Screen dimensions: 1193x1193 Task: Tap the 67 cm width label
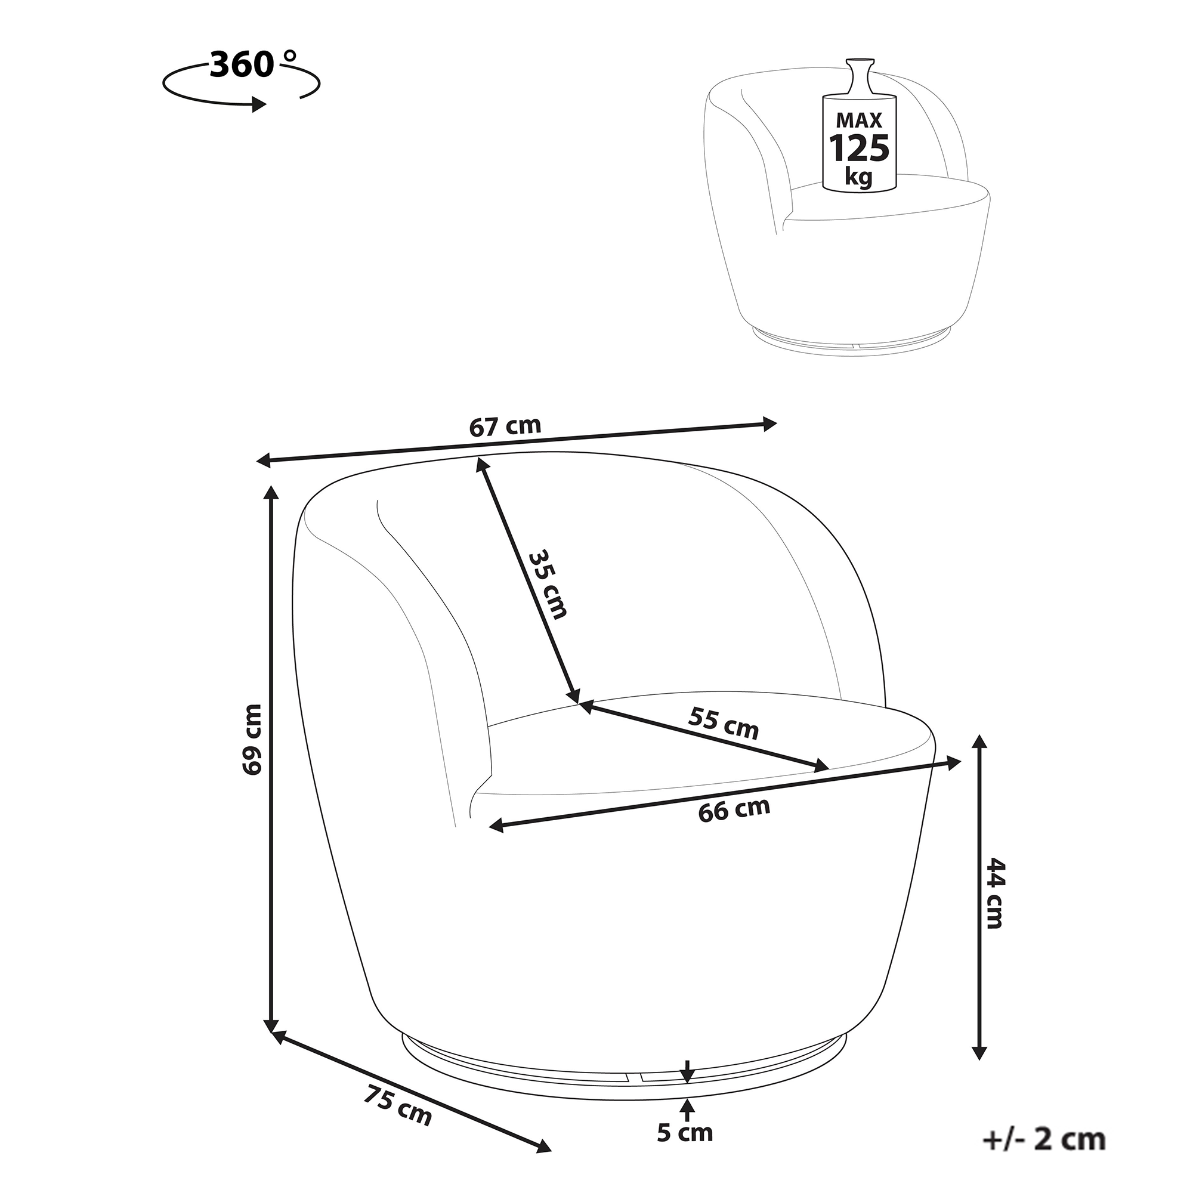pyautogui.click(x=505, y=426)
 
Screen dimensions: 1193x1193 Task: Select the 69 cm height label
pyautogui.click(x=252, y=739)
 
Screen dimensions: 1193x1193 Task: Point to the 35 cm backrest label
pyautogui.click(x=547, y=583)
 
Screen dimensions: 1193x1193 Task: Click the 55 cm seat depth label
pyautogui.click(x=724, y=723)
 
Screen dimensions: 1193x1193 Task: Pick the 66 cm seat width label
pyautogui.click(x=735, y=809)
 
